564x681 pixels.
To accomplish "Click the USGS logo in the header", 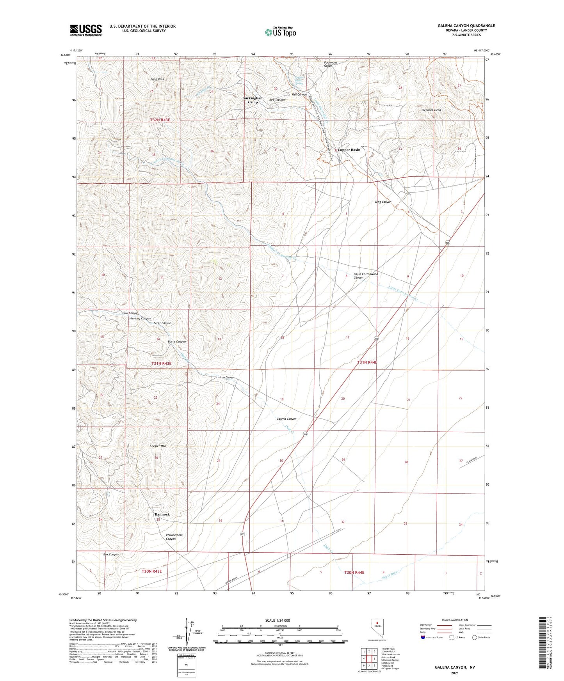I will pyautogui.click(x=86, y=30).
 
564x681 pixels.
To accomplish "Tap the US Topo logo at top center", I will pyautogui.click(x=280, y=32).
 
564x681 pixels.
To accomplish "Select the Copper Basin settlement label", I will pyautogui.click(x=349, y=150).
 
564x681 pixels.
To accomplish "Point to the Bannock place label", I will pyautogui.click(x=162, y=514).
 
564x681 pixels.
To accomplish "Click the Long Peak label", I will pyautogui.click(x=157, y=79).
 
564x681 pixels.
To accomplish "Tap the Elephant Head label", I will pyautogui.click(x=431, y=110).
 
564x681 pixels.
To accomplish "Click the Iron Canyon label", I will pyautogui.click(x=228, y=377).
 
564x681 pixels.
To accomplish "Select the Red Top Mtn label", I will pyautogui.click(x=278, y=100).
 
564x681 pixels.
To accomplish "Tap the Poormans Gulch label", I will pyautogui.click(x=328, y=64).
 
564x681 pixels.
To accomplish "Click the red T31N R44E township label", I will pyautogui.click(x=367, y=362).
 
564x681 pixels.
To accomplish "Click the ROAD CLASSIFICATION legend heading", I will pyautogui.click(x=455, y=620).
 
